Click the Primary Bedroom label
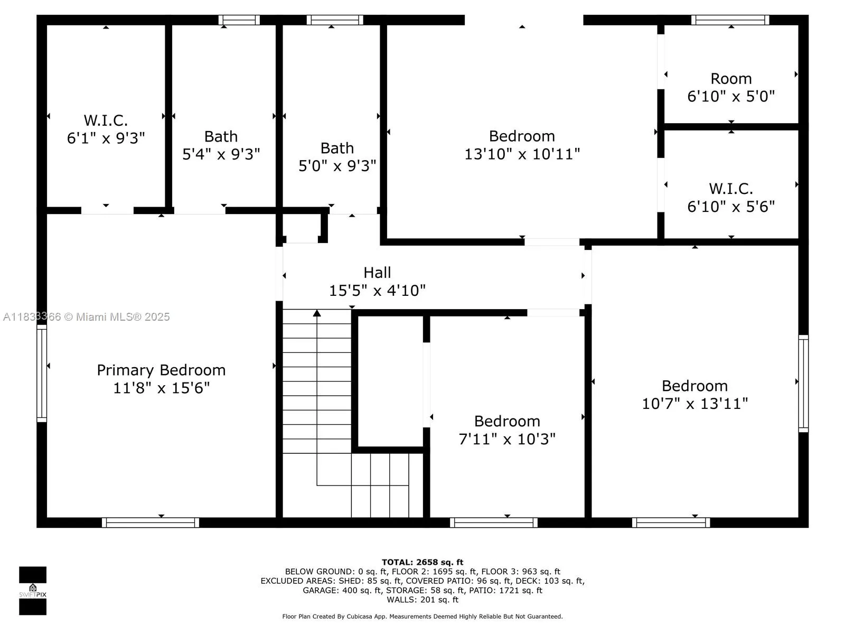161,370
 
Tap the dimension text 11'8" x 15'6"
161,388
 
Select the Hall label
377,273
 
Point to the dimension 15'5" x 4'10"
377,290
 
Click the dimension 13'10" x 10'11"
522,154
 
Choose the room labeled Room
731,79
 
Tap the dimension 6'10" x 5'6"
731,207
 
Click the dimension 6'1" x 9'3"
106,138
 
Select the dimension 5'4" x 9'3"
221,154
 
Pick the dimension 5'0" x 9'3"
337,166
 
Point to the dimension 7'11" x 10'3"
507,439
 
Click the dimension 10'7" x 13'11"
694,404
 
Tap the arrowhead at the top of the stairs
317,313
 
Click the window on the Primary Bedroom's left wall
42,374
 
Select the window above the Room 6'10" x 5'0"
730,20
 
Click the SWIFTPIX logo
33,591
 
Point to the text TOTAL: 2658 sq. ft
422,562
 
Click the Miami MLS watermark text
86,317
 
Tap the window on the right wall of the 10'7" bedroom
803,384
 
